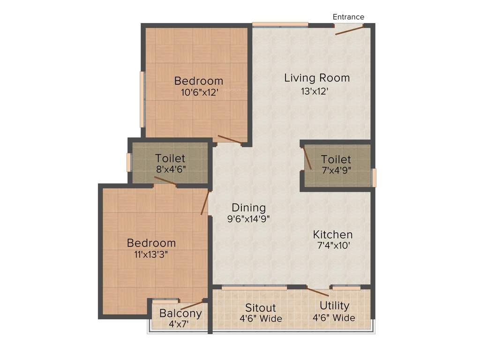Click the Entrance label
tap(348, 17)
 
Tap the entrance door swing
tap(349, 30)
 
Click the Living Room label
tap(317, 78)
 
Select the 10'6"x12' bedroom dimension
tap(200, 92)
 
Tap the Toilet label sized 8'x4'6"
tap(170, 158)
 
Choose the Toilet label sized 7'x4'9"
tap(336, 160)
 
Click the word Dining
tap(248, 208)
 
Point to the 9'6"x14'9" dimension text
tap(248, 219)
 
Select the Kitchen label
tap(333, 234)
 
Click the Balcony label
tap(180, 313)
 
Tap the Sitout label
tap(261, 308)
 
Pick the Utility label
tap(334, 306)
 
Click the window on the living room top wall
tap(280, 24)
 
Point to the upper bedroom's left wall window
tap(142, 99)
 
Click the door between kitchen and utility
tap(318, 292)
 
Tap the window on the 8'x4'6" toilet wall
tap(128, 162)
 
